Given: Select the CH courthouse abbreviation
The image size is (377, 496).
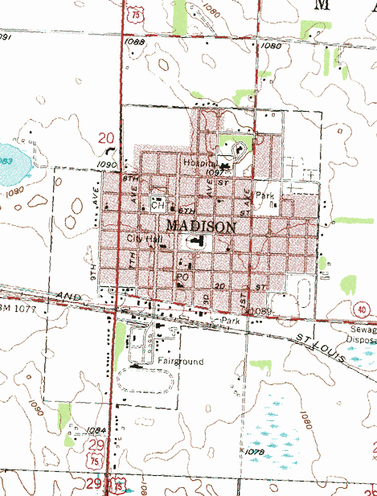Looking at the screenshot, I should coord(158,204).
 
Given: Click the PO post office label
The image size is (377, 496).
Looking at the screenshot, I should coord(181,277).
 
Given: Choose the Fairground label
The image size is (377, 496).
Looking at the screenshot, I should coord(180,362).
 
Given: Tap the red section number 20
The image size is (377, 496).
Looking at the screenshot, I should coord(106,138).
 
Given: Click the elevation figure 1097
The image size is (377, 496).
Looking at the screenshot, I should coord(214,172).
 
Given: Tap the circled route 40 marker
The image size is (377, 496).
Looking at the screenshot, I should coord(359,309).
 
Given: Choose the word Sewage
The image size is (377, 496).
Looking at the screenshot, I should coord(360,330).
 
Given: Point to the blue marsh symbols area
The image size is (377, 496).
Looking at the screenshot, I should coord(273,430).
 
